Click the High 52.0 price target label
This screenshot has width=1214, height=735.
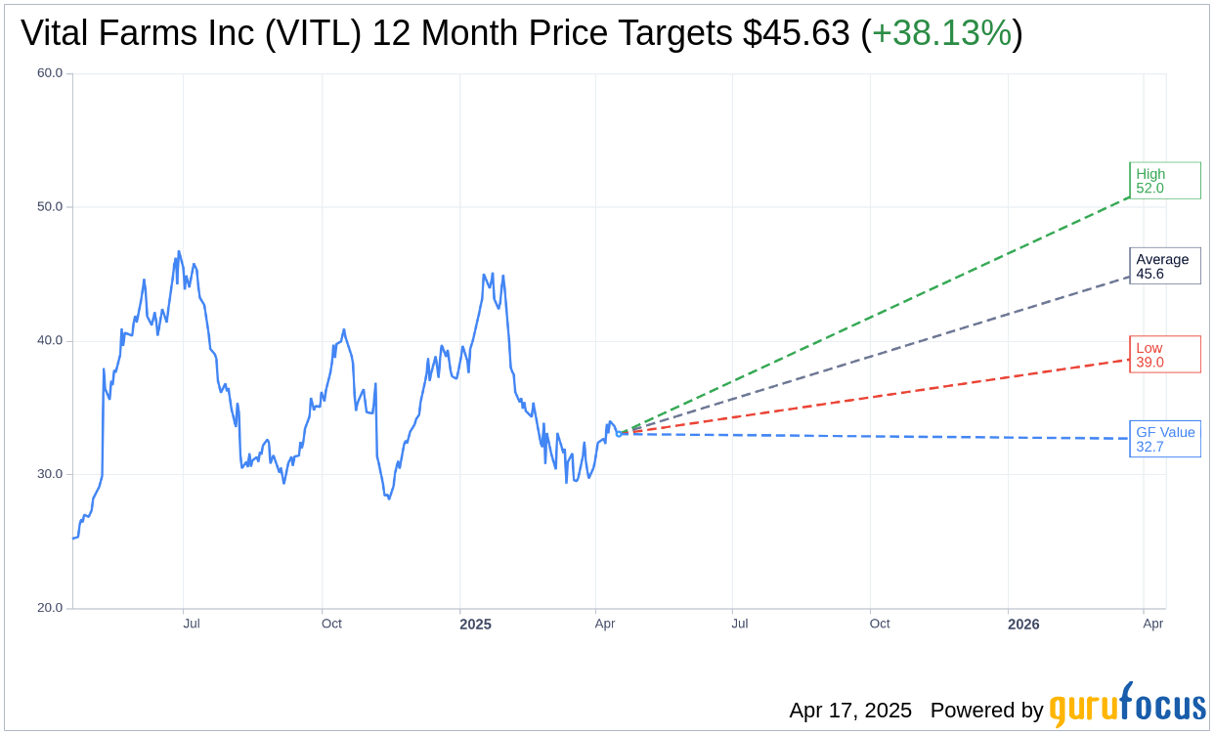[x=1164, y=181]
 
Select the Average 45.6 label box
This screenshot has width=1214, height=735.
[x=1164, y=266]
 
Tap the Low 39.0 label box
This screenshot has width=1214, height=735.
[x=1164, y=355]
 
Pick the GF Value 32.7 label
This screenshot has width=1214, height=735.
[x=1164, y=439]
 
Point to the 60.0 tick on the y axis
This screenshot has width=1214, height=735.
[x=50, y=73]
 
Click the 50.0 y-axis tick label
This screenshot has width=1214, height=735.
[x=50, y=207]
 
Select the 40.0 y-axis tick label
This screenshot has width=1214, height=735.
[x=50, y=341]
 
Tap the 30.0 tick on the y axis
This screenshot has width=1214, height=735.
[x=50, y=474]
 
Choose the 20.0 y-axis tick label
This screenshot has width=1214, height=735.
[x=50, y=608]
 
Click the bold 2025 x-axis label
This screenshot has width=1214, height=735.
[x=475, y=624]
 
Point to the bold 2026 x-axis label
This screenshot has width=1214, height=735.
[x=1023, y=624]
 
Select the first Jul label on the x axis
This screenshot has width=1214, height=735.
[x=192, y=624]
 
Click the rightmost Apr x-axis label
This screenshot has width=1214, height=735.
[x=1153, y=624]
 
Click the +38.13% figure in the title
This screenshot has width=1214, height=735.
[x=941, y=34]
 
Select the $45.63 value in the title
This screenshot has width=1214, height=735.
[x=796, y=34]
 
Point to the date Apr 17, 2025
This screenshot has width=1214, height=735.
[x=850, y=711]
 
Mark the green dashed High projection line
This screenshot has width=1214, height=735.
[x=880, y=314]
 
